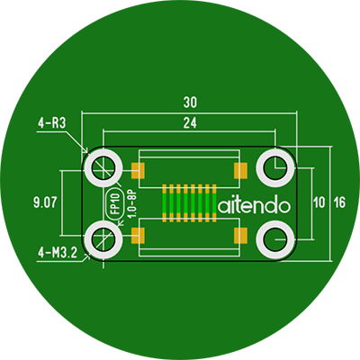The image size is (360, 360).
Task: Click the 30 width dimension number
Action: click(190, 103)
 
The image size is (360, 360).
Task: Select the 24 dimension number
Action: click(190, 123)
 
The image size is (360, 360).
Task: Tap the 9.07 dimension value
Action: click(45, 202)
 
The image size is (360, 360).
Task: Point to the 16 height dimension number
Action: click(340, 202)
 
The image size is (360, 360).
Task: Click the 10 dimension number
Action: click(319, 202)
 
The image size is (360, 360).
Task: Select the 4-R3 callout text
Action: click(51, 123)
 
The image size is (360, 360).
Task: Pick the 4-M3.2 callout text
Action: click(58, 254)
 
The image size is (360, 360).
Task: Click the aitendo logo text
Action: click(254, 205)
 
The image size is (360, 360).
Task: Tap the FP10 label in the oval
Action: click(115, 203)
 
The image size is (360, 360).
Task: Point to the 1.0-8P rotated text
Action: click(132, 204)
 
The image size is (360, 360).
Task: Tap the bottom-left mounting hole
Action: click(103, 239)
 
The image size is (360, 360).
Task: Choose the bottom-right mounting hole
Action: click(275, 239)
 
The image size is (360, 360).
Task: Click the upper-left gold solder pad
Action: click(138, 170)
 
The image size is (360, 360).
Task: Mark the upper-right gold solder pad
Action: click(240, 170)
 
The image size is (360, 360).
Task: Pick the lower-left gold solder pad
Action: click(138, 235)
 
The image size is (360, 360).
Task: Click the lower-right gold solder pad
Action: click(240, 235)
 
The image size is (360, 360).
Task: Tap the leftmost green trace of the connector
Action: click(165, 203)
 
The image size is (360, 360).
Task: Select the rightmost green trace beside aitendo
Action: click(214, 203)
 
